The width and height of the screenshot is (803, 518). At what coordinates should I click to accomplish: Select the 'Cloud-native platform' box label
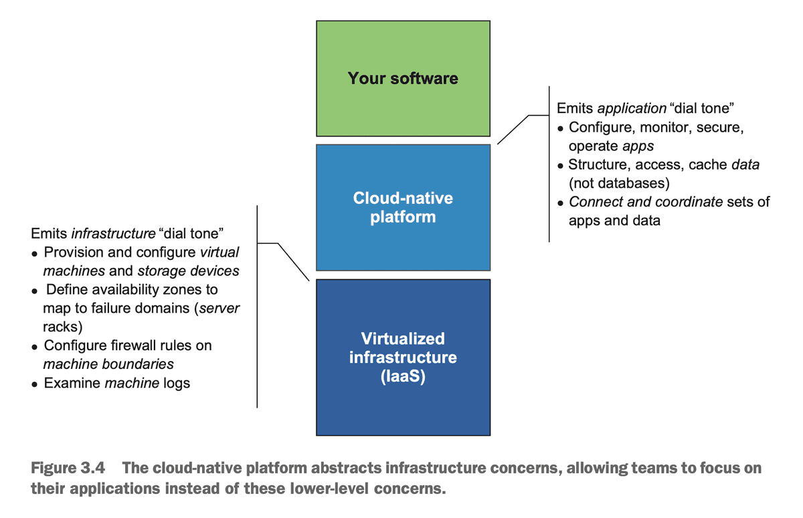(x=403, y=207)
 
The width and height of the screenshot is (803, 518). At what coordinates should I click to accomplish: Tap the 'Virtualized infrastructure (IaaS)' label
(x=403, y=357)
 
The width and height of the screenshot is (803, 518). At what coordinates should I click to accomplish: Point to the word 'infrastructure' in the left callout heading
(x=111, y=234)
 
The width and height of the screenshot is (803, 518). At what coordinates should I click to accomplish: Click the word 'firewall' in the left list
(x=124, y=346)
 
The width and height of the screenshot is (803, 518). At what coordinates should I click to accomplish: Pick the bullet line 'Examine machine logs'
(x=116, y=383)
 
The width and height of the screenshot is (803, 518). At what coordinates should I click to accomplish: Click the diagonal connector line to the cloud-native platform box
(x=513, y=129)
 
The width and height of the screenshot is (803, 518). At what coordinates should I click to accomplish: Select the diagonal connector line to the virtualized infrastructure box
(x=292, y=261)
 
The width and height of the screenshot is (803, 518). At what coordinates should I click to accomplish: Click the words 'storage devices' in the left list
(x=188, y=271)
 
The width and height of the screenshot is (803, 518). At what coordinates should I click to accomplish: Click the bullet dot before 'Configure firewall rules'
(x=34, y=346)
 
